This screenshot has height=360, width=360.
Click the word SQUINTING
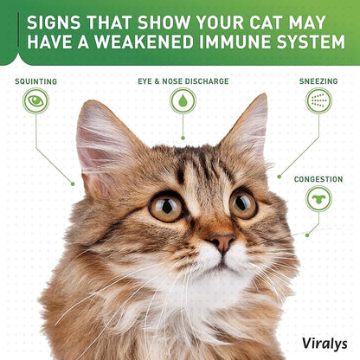(x=36, y=81)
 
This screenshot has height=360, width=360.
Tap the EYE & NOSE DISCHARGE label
(x=183, y=81)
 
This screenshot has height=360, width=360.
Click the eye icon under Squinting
(x=35, y=100)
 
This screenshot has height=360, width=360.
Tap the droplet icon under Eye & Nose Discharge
(x=183, y=100)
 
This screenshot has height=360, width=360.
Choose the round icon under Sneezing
(x=318, y=100)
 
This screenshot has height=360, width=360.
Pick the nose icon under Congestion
(x=318, y=199)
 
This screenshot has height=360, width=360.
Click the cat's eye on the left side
(x=167, y=206)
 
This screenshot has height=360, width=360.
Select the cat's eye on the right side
(x=242, y=203)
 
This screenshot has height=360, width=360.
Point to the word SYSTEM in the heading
(x=309, y=42)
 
